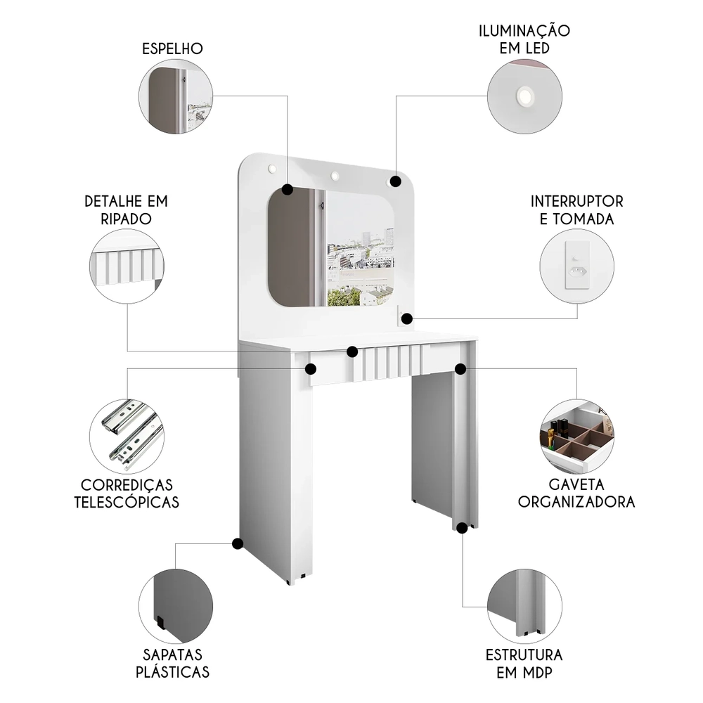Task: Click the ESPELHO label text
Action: coord(172,49)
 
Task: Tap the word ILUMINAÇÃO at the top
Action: coord(524,31)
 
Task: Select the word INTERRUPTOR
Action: coord(576,202)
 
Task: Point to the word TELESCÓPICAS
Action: coord(127,502)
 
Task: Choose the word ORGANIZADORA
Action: coord(576,501)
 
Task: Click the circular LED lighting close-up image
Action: coord(525,96)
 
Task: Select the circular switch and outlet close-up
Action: coord(576,267)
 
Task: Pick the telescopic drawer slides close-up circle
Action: coord(127,436)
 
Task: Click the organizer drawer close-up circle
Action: coord(576,437)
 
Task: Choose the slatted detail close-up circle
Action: coord(127,266)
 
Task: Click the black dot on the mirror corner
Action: coord(287,189)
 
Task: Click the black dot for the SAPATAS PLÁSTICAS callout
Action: coord(238,543)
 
